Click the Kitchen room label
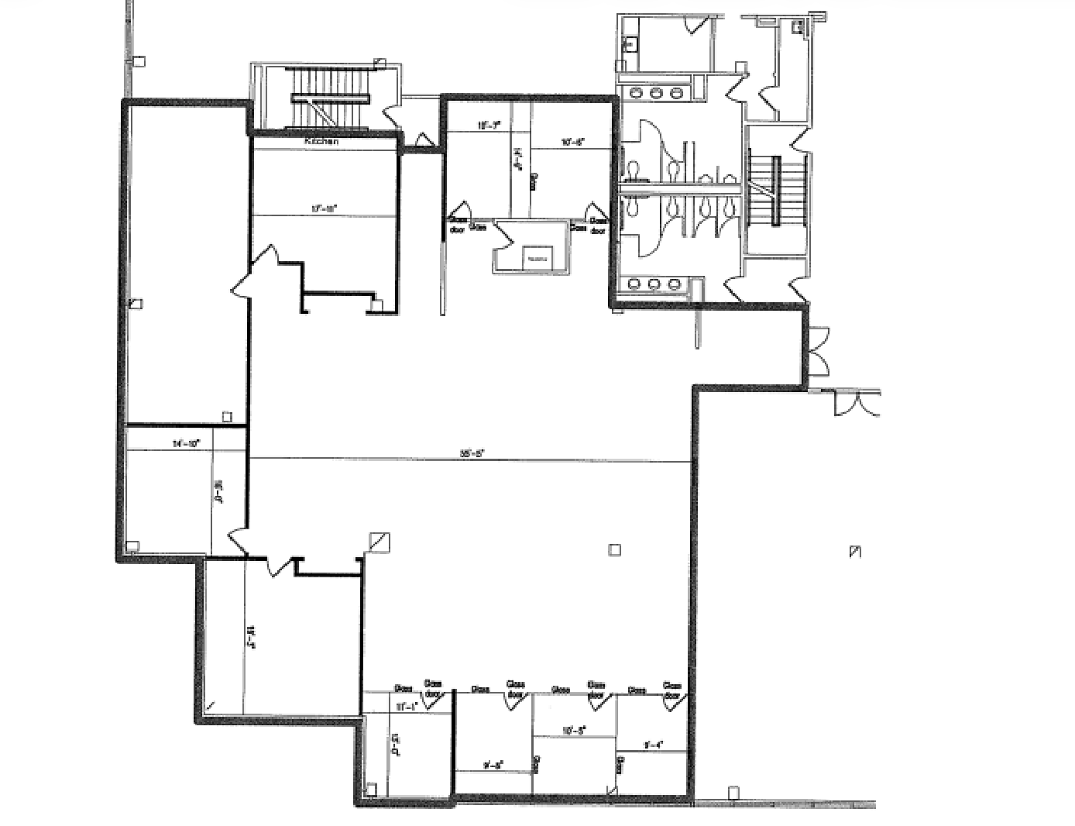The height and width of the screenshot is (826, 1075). coord(321,141)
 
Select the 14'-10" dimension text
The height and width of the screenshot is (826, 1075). coord(186,444)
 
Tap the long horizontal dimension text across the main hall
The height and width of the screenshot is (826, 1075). coord(472,454)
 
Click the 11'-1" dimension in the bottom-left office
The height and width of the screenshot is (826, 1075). coord(406,707)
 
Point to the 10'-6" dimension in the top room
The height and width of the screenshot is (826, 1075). coord(572,142)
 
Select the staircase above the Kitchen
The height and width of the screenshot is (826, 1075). coord(330,98)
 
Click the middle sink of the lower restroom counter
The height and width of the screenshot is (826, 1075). coord(654,284)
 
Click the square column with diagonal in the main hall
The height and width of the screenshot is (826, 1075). coord(380,542)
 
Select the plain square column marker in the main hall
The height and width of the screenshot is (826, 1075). coord(614,550)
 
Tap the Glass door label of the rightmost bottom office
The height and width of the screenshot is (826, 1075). coord(671,690)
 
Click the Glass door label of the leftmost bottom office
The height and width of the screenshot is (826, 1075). coord(432,688)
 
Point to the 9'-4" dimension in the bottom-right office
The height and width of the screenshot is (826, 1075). coord(653,745)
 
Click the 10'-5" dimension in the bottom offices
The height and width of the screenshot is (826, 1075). coord(574,730)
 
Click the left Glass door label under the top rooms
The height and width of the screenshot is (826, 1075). coord(458,224)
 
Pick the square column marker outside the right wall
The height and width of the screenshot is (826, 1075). coord(855,552)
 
